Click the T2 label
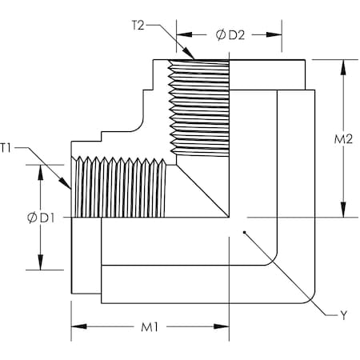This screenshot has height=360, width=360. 138,25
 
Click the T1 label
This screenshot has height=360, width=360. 7,147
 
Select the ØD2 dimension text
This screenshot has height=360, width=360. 230,35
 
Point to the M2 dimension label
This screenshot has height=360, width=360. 343,139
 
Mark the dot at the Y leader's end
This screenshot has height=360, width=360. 245,234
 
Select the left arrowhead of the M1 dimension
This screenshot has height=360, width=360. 75,326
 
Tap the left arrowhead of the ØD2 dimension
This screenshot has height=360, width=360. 180,35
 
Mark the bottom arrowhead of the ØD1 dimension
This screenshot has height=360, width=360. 38,268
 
